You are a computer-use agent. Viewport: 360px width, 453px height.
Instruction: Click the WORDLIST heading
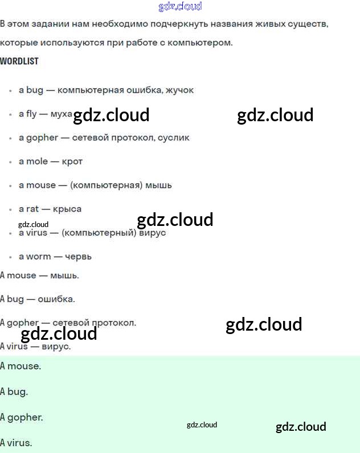pyautogui.click(x=19, y=61)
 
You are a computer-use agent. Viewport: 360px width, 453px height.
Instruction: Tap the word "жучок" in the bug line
pyautogui.click(x=179, y=90)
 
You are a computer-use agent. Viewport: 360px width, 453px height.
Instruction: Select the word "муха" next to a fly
pyautogui.click(x=62, y=114)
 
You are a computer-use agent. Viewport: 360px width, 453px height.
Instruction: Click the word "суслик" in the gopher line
pyautogui.click(x=174, y=138)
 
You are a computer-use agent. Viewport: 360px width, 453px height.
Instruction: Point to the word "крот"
pyautogui.click(x=72, y=162)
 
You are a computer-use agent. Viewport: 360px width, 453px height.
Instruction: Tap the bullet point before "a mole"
pyautogui.click(x=11, y=162)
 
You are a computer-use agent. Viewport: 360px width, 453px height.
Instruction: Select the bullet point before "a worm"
pyautogui.click(x=11, y=257)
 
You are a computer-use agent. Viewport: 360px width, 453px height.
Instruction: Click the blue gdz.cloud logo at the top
pyautogui.click(x=180, y=7)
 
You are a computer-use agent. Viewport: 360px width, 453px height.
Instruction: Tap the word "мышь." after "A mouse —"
pyautogui.click(x=64, y=275)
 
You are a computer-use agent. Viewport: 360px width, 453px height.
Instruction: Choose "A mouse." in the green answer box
pyautogui.click(x=21, y=366)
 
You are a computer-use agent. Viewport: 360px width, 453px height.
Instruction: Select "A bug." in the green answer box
pyautogui.click(x=14, y=392)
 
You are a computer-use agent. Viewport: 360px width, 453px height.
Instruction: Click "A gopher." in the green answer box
pyautogui.click(x=22, y=417)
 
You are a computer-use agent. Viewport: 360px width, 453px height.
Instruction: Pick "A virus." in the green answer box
pyautogui.click(x=16, y=442)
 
